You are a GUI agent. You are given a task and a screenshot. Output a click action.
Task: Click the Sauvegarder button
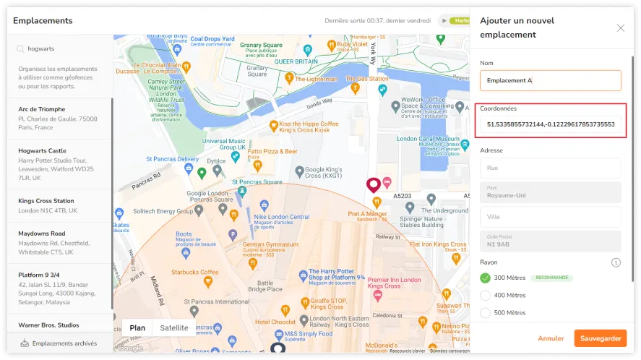(600, 338)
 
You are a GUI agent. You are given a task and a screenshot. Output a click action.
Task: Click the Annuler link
(551, 338)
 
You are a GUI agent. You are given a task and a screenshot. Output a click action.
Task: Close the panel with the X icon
(620, 28)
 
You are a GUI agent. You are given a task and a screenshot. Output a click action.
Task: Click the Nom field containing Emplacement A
(550, 80)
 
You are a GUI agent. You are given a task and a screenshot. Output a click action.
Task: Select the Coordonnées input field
(550, 124)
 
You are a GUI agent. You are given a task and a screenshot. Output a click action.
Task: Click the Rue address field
(550, 168)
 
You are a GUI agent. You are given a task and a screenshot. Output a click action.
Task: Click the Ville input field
(550, 216)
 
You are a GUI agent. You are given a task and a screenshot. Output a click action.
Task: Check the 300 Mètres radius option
(485, 278)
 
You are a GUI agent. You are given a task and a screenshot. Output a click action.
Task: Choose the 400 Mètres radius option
(485, 295)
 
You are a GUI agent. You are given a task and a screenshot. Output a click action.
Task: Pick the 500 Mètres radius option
(485, 313)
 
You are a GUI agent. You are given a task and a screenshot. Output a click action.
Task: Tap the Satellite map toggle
(174, 327)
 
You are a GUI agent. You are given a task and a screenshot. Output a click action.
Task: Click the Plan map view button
(137, 327)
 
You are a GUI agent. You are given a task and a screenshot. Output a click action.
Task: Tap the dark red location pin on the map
(374, 184)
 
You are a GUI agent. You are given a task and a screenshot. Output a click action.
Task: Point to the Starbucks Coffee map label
(194, 272)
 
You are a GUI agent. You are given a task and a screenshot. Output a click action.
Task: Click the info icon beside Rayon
(616, 262)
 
